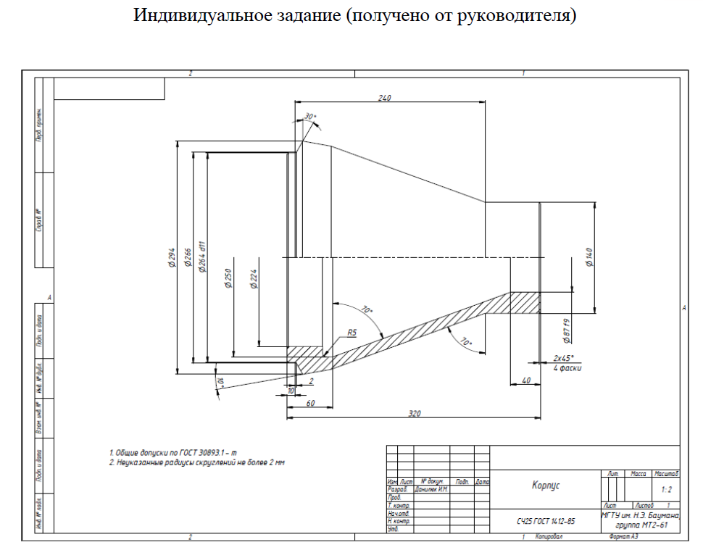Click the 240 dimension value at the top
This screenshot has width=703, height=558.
click(x=385, y=98)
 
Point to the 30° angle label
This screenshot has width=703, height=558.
click(x=310, y=117)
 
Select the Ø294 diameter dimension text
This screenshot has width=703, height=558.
click(x=172, y=259)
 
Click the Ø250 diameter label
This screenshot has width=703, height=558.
click(x=228, y=279)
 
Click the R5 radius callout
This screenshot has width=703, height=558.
click(x=352, y=333)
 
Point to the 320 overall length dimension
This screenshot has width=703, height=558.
click(x=415, y=413)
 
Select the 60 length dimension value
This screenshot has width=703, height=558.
click(x=310, y=403)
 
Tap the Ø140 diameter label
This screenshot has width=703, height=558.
click(x=589, y=258)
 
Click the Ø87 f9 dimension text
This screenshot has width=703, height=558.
click(x=567, y=330)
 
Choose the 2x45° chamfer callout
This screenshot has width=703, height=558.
click(x=563, y=358)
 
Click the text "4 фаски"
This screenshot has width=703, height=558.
click(x=566, y=368)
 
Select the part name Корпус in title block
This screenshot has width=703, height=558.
click(x=546, y=486)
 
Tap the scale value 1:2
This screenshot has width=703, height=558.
click(x=665, y=489)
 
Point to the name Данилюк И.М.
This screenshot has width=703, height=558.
click(x=431, y=489)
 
